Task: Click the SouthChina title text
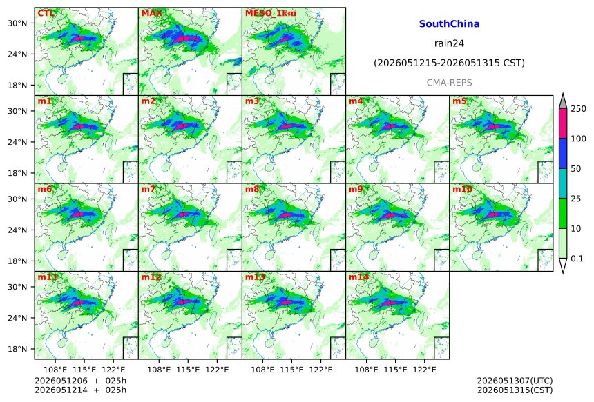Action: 449,24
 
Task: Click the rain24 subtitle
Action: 449,43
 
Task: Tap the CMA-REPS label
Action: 449,83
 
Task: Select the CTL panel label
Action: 46,13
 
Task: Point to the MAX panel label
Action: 151,13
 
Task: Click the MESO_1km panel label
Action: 271,13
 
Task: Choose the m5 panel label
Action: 459,101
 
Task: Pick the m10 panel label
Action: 463,189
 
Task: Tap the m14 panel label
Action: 358,277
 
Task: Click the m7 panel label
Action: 148,189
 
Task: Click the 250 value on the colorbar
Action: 579,109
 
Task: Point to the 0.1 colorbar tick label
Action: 577,259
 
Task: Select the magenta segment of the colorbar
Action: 563,123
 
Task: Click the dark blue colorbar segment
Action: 563,154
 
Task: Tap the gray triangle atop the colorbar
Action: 563,101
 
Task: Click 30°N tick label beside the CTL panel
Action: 17,23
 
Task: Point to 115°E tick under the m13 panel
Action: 291,370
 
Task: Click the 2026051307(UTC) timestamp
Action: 515,381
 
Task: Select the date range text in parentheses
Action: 449,63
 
